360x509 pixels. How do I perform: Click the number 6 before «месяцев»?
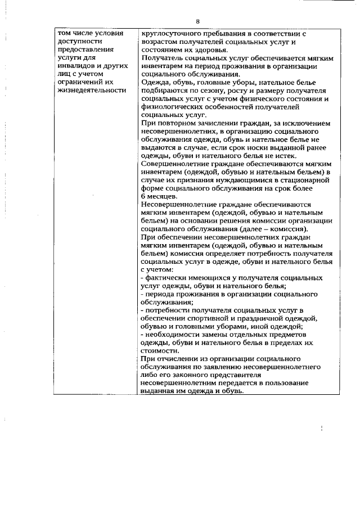143,196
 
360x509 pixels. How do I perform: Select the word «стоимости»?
160,350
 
